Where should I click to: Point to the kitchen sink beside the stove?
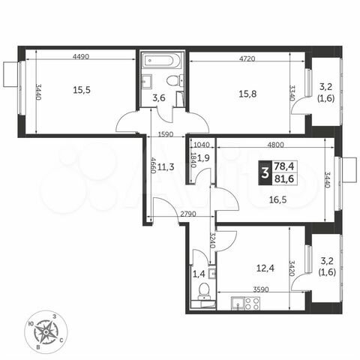tap(237, 304)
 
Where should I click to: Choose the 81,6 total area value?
tap(286, 179)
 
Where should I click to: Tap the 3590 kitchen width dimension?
tap(260, 289)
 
